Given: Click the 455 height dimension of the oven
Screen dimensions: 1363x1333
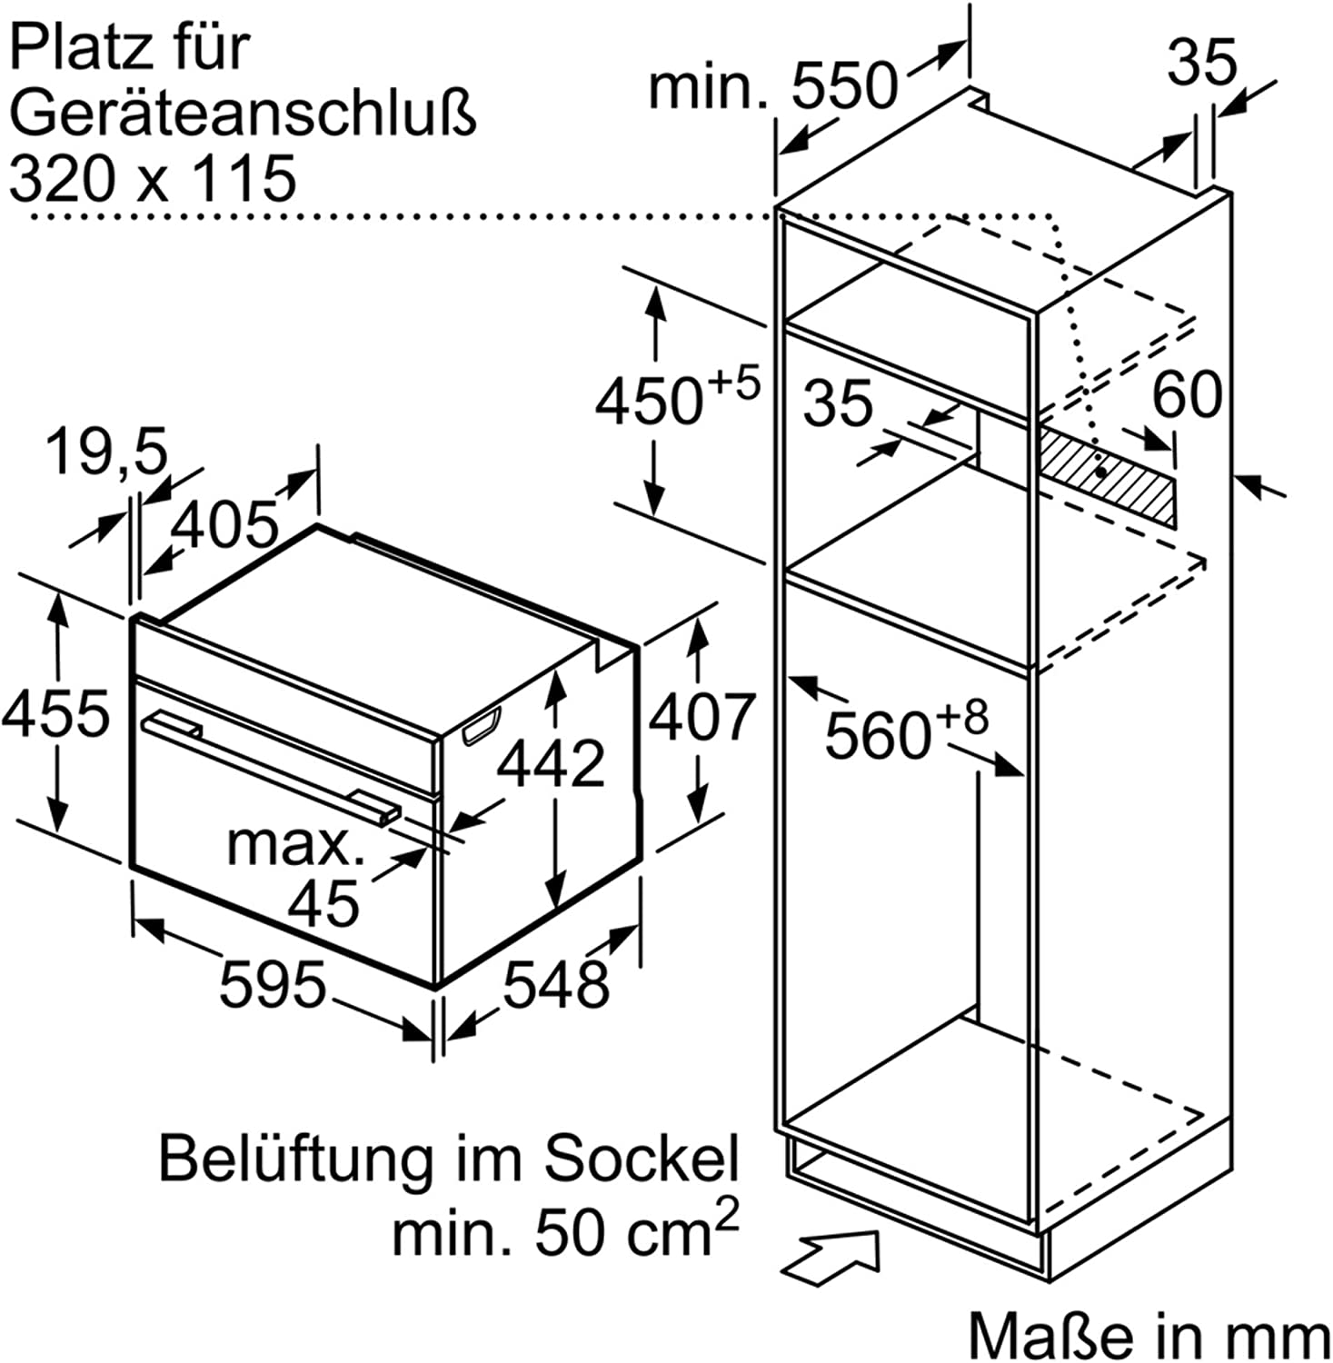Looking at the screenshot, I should [55, 713].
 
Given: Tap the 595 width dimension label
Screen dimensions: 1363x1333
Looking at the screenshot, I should [273, 985].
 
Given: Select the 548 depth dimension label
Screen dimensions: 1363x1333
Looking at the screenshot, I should [555, 984].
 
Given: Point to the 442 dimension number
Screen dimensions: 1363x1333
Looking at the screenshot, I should [551, 762].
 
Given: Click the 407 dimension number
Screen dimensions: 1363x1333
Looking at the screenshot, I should [701, 716].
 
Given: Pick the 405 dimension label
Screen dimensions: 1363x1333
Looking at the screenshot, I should [225, 523].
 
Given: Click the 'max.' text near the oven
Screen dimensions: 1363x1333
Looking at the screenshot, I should [296, 844].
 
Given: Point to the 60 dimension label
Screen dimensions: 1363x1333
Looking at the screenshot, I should [1187, 395].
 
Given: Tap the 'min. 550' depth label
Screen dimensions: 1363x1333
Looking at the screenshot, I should [772, 86].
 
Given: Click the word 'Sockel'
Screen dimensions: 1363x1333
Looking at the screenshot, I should [641, 1159].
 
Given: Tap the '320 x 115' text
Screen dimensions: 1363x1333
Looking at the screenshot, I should [153, 177].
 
